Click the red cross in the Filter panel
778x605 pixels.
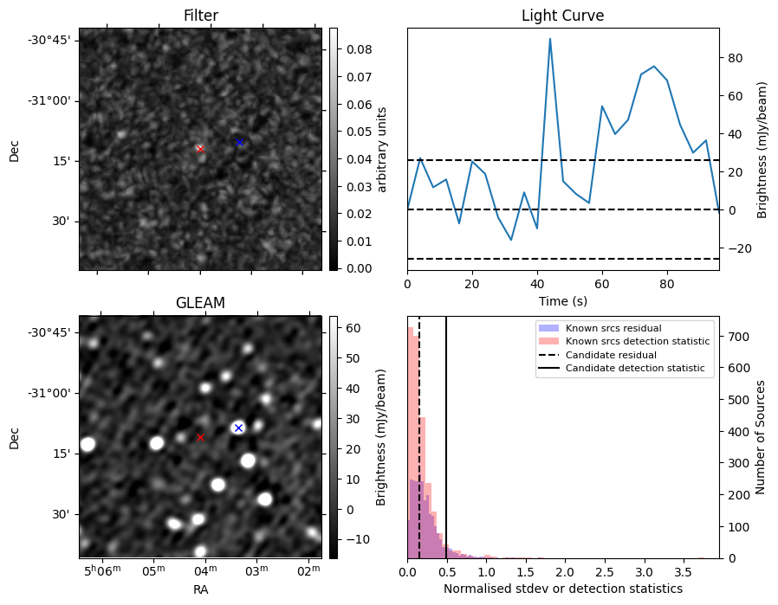click(x=200, y=149)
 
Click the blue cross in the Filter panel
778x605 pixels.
click(x=240, y=142)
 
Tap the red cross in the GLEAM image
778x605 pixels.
click(x=200, y=437)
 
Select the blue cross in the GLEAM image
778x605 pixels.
click(x=238, y=428)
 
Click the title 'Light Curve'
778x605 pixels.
click(x=562, y=16)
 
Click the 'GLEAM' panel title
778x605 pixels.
click(x=200, y=303)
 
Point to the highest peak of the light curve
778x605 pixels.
click(x=549, y=38)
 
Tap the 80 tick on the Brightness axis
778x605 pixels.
click(x=736, y=58)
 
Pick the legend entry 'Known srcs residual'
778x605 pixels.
click(x=613, y=328)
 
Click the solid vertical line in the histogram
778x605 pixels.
click(x=446, y=433)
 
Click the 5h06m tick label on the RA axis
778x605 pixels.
click(x=103, y=572)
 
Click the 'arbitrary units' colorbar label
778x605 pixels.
click(x=382, y=149)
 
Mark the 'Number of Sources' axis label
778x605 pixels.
click(x=760, y=437)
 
